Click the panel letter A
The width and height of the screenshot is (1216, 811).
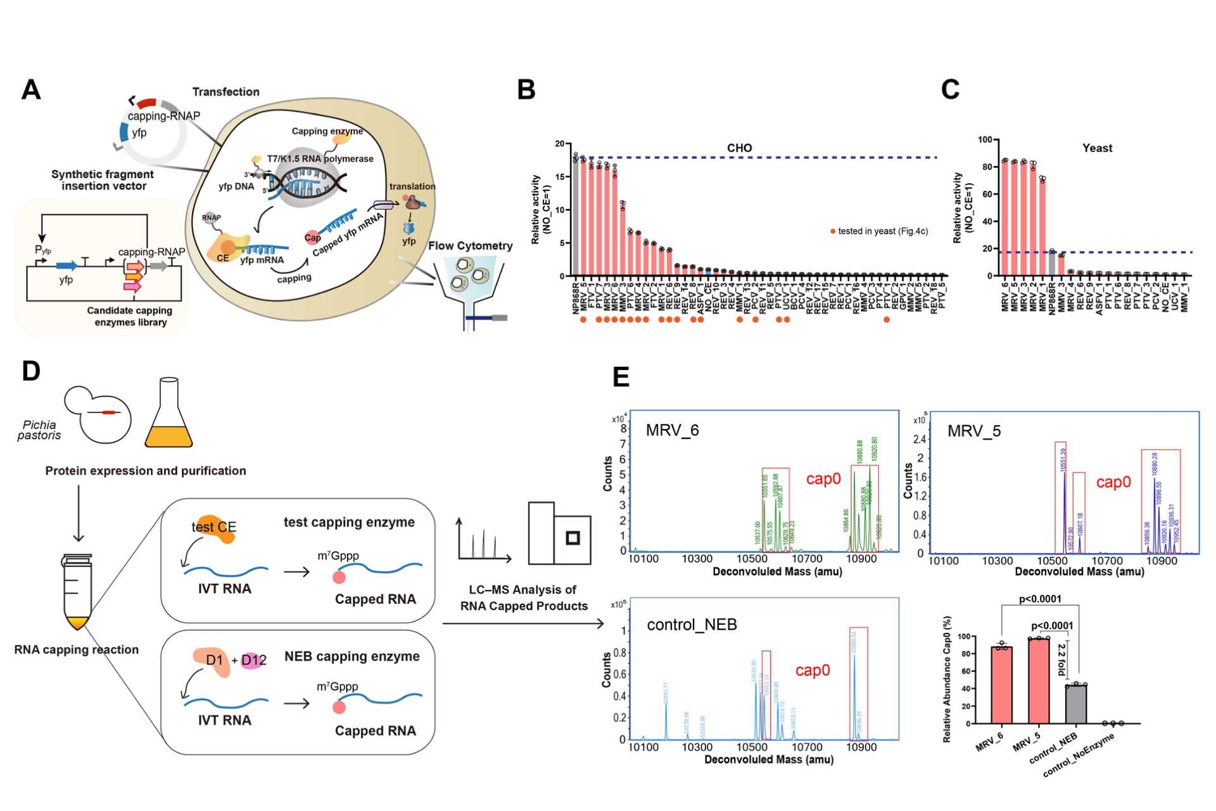[x=31, y=89]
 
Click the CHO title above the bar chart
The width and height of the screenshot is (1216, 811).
[x=739, y=148]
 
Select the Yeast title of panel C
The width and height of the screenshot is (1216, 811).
[x=1097, y=148]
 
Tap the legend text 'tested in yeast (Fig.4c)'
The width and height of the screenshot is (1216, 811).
[x=882, y=231]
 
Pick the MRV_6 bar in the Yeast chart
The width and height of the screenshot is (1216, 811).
[x=1004, y=218]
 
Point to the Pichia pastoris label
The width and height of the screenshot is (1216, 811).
[x=39, y=430]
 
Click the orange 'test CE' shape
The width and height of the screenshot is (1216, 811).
[x=215, y=528]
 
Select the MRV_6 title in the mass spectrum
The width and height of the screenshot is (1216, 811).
[x=672, y=431]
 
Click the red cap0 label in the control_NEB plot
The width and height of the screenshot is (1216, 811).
[x=812, y=670]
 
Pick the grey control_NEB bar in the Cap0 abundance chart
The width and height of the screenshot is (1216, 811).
[x=1075, y=703]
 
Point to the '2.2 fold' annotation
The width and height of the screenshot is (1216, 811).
[x=1062, y=659]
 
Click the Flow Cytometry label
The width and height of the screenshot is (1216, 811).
[x=470, y=246]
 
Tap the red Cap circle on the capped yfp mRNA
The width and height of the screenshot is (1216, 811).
[x=312, y=238]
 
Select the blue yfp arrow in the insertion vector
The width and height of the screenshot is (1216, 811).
[x=66, y=266]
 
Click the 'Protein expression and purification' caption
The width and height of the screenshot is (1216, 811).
[x=145, y=471]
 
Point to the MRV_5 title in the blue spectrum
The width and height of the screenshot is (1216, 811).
[x=973, y=431]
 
